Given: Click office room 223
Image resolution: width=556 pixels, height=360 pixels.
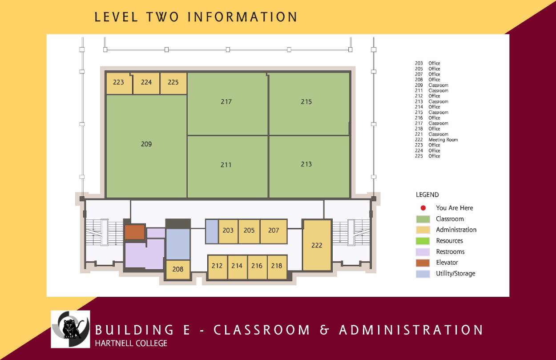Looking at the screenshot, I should [x=118, y=83].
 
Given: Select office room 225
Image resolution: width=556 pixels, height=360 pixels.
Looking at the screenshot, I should [x=173, y=83].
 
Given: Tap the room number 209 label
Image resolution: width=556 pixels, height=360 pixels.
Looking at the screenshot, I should [x=146, y=144].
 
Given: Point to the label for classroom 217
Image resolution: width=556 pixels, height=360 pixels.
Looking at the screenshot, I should [x=226, y=102].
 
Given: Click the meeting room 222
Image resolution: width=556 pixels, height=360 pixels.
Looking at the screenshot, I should [x=317, y=245].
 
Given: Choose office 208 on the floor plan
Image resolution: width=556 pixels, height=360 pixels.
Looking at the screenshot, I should [x=178, y=269].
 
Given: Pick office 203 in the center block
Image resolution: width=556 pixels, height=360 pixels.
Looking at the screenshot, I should [x=228, y=231].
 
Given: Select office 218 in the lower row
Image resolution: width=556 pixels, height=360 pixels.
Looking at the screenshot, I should [x=277, y=266].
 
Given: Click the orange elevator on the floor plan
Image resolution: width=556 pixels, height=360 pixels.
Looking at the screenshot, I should [x=134, y=232].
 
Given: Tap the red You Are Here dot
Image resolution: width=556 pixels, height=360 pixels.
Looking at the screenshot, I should [x=423, y=208].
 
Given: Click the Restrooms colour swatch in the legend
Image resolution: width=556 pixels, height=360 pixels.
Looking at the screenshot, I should [x=423, y=252].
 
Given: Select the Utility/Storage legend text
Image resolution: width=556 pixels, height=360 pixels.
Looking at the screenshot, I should [x=455, y=274].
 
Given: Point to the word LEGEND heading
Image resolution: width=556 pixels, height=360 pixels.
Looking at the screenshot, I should [x=427, y=195].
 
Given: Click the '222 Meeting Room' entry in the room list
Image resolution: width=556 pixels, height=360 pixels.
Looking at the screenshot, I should [x=436, y=140].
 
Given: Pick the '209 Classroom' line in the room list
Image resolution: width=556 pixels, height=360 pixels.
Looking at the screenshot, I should [x=431, y=85].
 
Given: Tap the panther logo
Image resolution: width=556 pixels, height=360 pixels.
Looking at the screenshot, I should [x=70, y=329].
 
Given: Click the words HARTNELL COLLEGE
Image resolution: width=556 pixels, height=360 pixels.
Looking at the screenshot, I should [x=131, y=343].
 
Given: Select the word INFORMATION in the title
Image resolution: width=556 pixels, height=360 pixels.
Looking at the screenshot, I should [x=242, y=17].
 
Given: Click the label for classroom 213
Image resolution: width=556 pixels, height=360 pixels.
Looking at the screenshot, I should [x=306, y=165].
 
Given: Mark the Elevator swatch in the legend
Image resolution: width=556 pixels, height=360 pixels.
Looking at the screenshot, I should [x=423, y=263].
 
